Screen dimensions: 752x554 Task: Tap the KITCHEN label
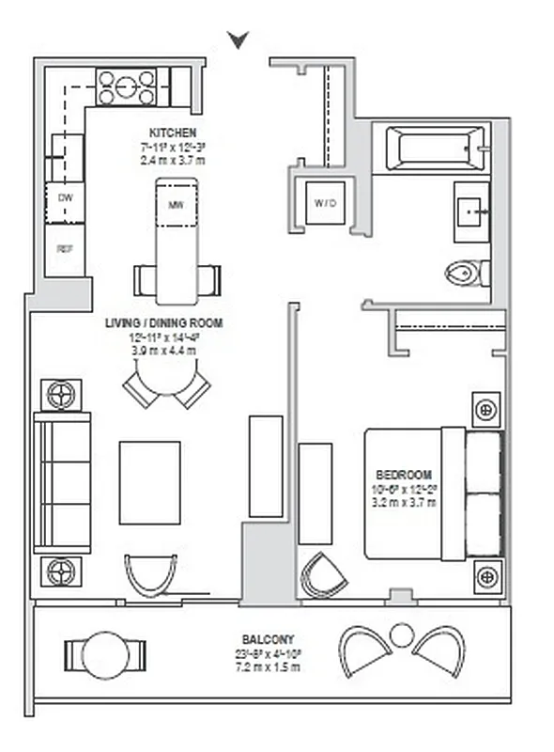point(172,133)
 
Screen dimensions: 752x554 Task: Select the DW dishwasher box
point(65,198)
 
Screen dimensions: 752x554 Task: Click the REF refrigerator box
point(65,249)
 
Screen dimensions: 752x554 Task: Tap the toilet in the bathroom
point(466,274)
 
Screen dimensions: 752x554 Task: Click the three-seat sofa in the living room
point(63,482)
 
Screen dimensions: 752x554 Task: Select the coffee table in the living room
point(149,482)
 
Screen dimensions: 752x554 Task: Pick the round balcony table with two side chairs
point(104,652)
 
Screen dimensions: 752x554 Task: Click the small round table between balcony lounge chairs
point(401,635)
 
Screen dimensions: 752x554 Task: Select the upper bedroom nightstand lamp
point(485,410)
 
